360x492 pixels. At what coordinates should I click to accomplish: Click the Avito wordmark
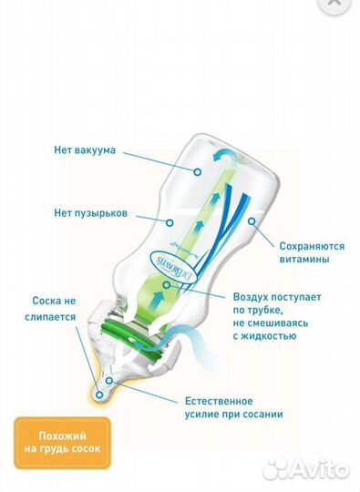point(320,469)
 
